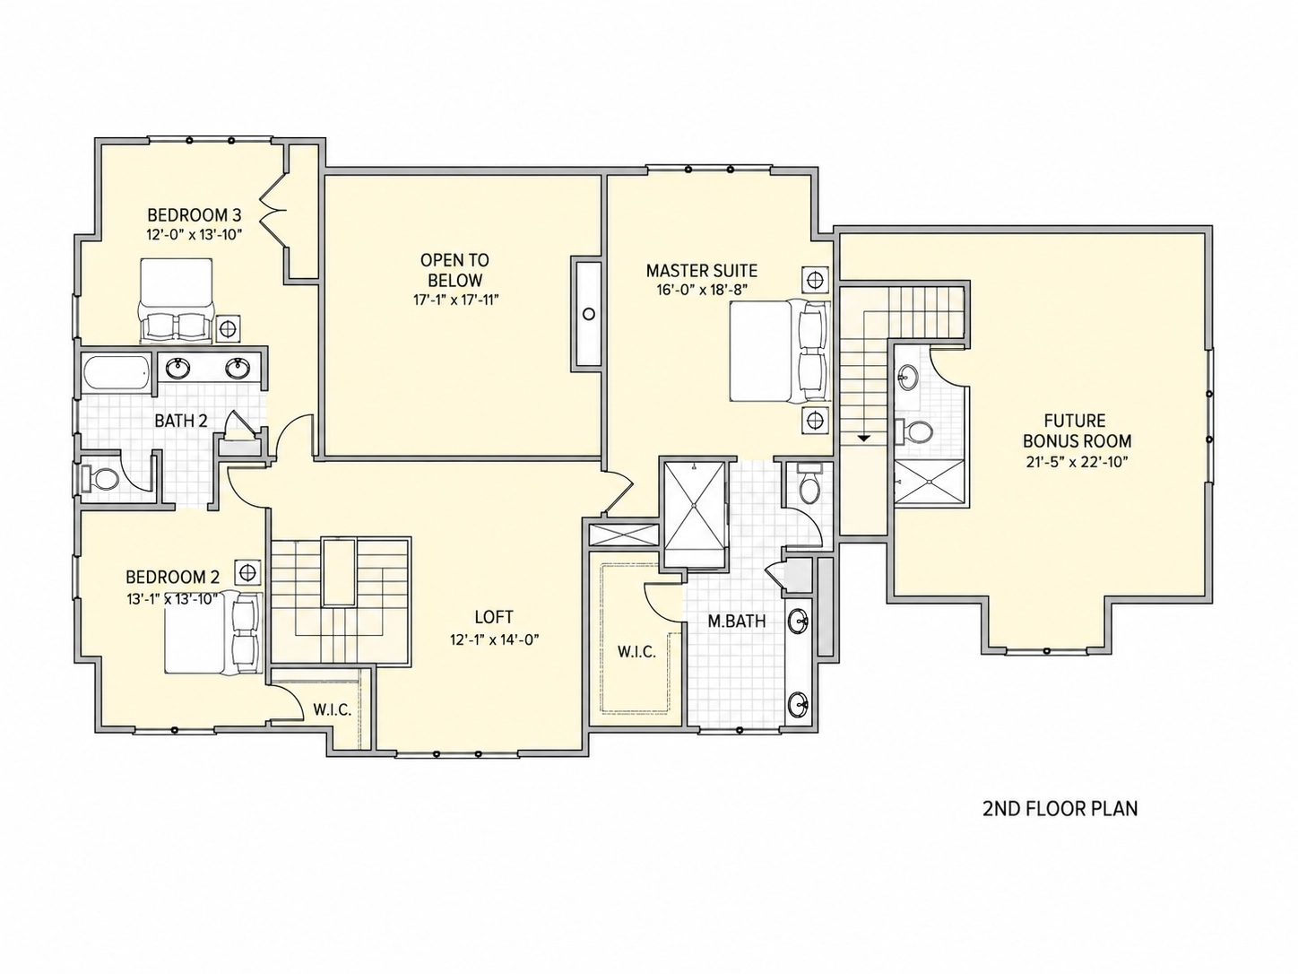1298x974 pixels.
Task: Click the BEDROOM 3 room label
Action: [x=195, y=214]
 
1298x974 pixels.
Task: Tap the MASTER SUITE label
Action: [x=701, y=271]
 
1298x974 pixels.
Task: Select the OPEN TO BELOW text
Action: [x=455, y=270]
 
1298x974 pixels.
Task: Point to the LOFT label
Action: [x=494, y=617]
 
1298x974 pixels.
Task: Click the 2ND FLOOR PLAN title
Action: [x=1060, y=808]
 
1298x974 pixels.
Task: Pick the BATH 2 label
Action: [x=181, y=421]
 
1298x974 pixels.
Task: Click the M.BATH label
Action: [x=737, y=621]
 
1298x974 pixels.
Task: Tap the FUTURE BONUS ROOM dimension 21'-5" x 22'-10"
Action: [x=1075, y=462]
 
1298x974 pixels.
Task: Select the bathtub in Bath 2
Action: [x=116, y=372]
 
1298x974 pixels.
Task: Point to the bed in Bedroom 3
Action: [x=176, y=300]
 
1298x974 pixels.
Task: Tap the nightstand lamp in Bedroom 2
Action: [x=247, y=572]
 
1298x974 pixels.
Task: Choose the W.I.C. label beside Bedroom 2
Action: [x=333, y=709]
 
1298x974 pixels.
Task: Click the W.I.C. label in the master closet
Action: [x=636, y=652]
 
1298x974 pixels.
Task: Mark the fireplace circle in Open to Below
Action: [x=588, y=314]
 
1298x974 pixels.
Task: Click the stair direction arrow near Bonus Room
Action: [x=864, y=439]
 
